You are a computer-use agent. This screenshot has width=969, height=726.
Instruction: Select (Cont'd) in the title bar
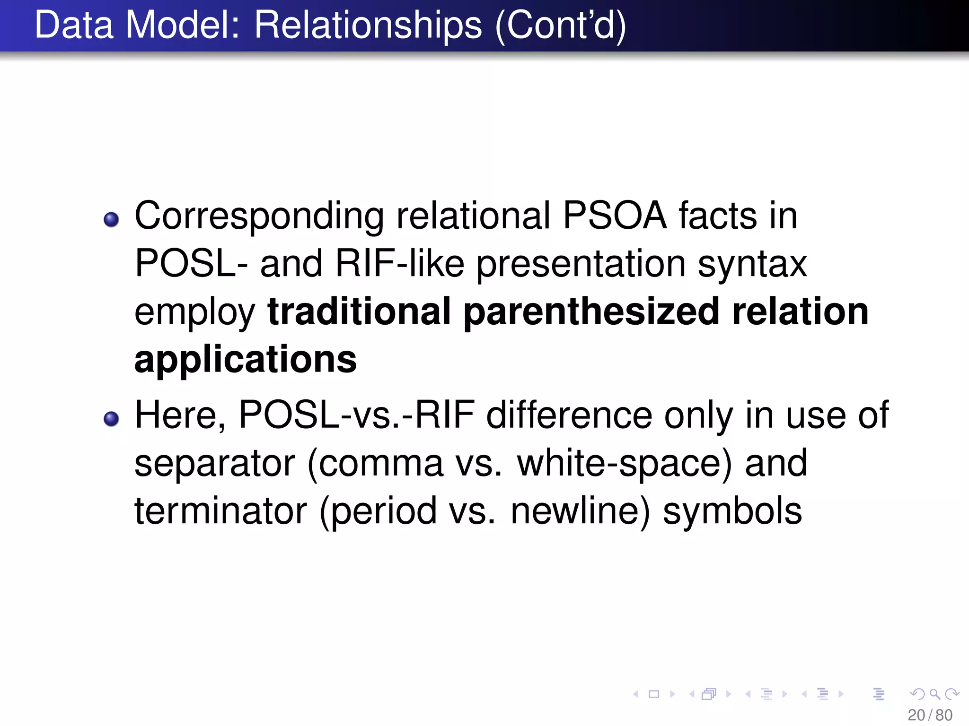coord(561,26)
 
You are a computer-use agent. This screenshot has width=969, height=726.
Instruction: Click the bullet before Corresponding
coord(111,219)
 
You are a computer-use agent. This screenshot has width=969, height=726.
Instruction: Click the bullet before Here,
coord(111,419)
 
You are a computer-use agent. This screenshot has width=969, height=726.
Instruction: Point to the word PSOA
coord(615,216)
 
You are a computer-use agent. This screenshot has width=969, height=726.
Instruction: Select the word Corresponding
coord(259,216)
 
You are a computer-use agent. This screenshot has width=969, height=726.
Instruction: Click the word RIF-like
coord(400,263)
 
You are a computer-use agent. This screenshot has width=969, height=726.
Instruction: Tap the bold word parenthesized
coord(591,312)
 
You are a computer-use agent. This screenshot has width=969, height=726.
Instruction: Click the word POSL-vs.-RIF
coord(357,415)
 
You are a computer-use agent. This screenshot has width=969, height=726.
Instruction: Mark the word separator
coord(215,464)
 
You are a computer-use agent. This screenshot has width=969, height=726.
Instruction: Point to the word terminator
coord(221,511)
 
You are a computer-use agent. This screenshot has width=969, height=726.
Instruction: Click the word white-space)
coord(625,464)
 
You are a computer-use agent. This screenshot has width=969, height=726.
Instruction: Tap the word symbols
coord(732,511)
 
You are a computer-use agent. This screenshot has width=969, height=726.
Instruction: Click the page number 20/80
coord(930,715)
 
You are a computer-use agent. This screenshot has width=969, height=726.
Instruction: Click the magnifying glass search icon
coord(934,694)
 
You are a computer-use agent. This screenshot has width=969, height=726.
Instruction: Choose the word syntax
coord(752,264)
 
